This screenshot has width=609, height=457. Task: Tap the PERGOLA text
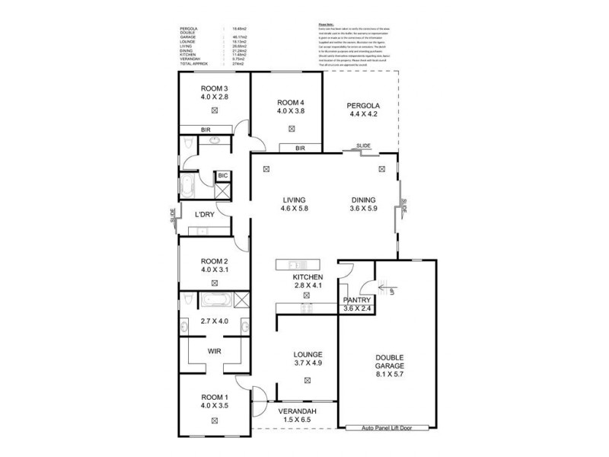coord(362,105)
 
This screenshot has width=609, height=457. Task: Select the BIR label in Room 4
coord(300,148)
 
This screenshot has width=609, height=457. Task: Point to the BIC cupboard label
coord(222,176)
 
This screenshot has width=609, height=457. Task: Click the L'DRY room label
coord(204,214)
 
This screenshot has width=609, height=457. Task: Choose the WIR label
coord(215,351)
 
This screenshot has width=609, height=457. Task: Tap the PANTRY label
coord(357,300)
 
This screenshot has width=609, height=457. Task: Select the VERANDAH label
coord(297,411)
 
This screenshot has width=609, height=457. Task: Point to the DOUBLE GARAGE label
coord(388,362)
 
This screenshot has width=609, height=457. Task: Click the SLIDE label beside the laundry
coord(174,216)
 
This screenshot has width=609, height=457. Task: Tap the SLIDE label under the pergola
coord(363,145)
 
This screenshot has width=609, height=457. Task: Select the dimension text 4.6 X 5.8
coord(294,208)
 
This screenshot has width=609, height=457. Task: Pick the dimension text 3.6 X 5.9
coord(362,208)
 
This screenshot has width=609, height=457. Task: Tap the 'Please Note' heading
coord(327,25)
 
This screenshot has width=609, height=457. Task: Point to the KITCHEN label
coord(309,276)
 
